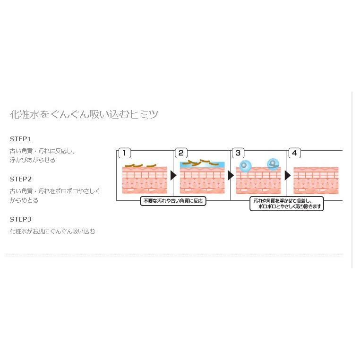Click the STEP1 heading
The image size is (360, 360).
pyautogui.click(x=21, y=139)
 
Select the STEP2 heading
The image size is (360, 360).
pyautogui.click(x=21, y=179)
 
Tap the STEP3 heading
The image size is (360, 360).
pyautogui.click(x=21, y=219)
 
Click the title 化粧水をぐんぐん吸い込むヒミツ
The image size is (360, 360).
pyautogui.click(x=84, y=114)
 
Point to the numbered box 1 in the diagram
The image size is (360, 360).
pyautogui.click(x=124, y=153)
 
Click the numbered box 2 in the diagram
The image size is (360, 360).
pyautogui.click(x=181, y=153)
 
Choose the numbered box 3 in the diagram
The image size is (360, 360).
pyautogui.click(x=238, y=153)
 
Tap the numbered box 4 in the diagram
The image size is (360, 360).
pyautogui.click(x=295, y=153)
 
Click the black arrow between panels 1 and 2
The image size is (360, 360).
pyautogui.click(x=173, y=175)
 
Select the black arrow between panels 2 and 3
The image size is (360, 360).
pyautogui.click(x=231, y=175)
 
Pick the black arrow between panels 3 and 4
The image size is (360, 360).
pyautogui.click(x=287, y=175)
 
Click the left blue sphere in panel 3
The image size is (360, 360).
pyautogui.click(x=245, y=166)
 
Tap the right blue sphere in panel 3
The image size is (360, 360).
pyautogui.click(x=273, y=164)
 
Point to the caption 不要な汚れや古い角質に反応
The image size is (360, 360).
pyautogui.click(x=173, y=201)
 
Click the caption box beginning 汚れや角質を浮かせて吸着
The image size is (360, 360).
pyautogui.click(x=287, y=204)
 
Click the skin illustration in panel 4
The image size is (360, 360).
pyautogui.click(x=316, y=180)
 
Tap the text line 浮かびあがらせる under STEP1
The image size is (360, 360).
pyautogui.click(x=33, y=160)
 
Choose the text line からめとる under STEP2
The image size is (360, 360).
pyautogui.click(x=24, y=200)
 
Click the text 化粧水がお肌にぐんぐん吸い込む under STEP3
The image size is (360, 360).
pyautogui.click(x=52, y=231)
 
